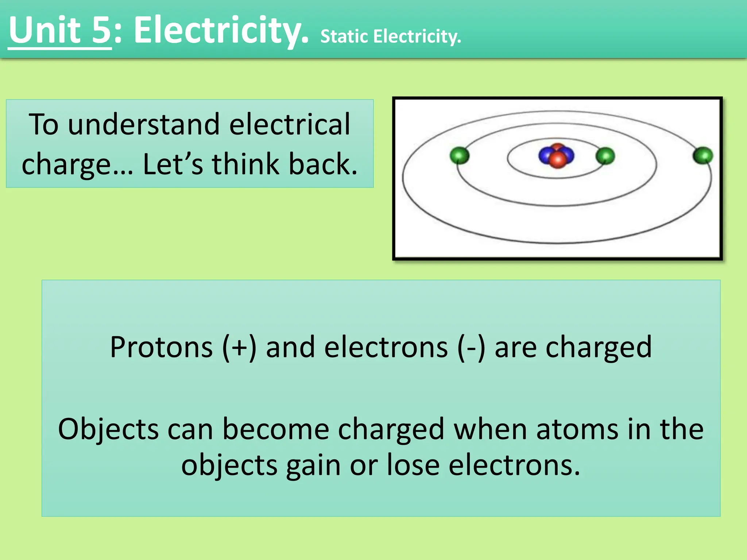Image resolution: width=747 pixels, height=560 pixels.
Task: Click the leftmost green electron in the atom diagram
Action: click(459, 156)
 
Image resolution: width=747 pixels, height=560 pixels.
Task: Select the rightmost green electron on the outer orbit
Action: click(703, 156)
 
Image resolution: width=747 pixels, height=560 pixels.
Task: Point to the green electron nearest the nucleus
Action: click(605, 156)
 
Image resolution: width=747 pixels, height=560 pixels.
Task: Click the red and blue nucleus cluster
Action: click(557, 156)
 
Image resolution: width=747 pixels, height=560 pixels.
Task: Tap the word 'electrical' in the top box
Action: click(290, 124)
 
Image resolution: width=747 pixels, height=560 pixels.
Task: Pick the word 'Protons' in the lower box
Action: click(161, 347)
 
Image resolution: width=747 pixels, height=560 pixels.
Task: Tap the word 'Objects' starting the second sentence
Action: click(108, 429)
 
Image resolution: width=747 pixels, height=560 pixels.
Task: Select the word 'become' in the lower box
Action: click(276, 429)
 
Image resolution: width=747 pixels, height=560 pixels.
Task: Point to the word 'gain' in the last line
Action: click(313, 466)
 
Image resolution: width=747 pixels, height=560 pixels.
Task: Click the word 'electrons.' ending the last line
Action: click(514, 466)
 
